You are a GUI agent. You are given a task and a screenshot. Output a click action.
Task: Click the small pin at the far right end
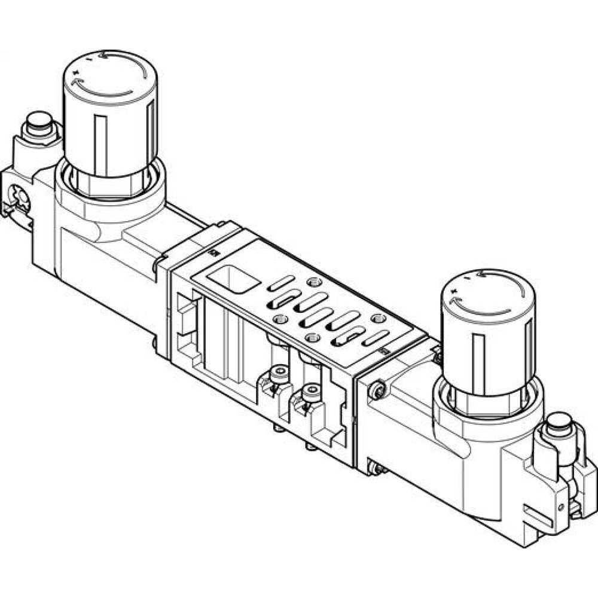point(560,421)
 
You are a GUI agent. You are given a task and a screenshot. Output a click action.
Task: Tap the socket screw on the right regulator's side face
point(376,392)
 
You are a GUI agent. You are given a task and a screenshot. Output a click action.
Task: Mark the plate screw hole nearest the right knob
point(376,319)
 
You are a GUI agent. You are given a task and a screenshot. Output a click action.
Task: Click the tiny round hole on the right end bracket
point(563,506)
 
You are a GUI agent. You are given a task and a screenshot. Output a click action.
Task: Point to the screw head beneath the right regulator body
point(374,470)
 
